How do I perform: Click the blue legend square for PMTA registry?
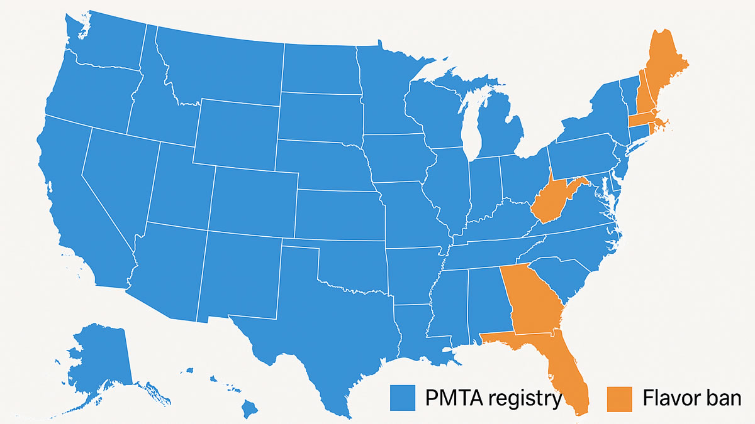(403, 398)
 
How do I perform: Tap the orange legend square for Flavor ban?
(620, 398)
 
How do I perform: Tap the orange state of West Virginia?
(551, 201)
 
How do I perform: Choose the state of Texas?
(321, 327)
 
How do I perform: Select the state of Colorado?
(252, 201)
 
